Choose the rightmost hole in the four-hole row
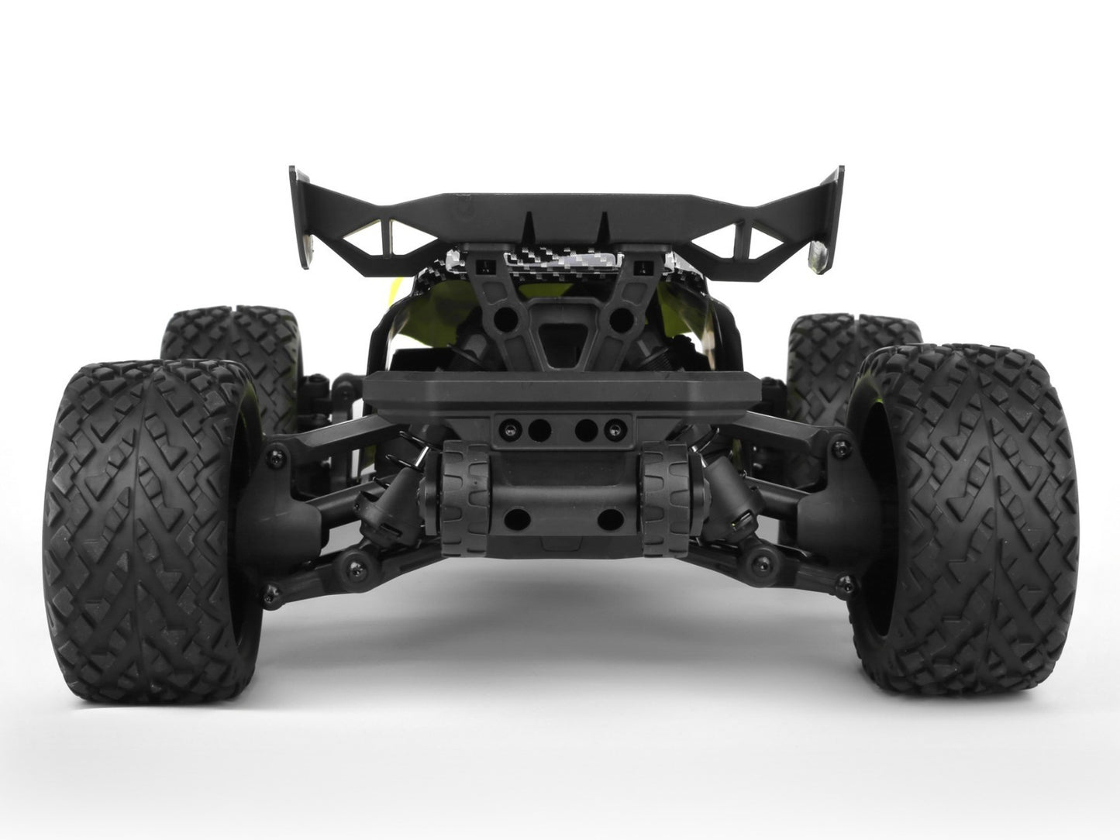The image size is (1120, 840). (x=614, y=424)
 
